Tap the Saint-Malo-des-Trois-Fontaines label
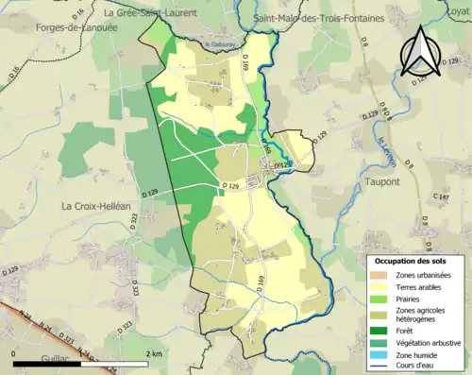pos(319,18)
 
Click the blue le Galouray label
pos(218,44)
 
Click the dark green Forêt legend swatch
pos(379,330)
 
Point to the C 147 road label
pos(441,196)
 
